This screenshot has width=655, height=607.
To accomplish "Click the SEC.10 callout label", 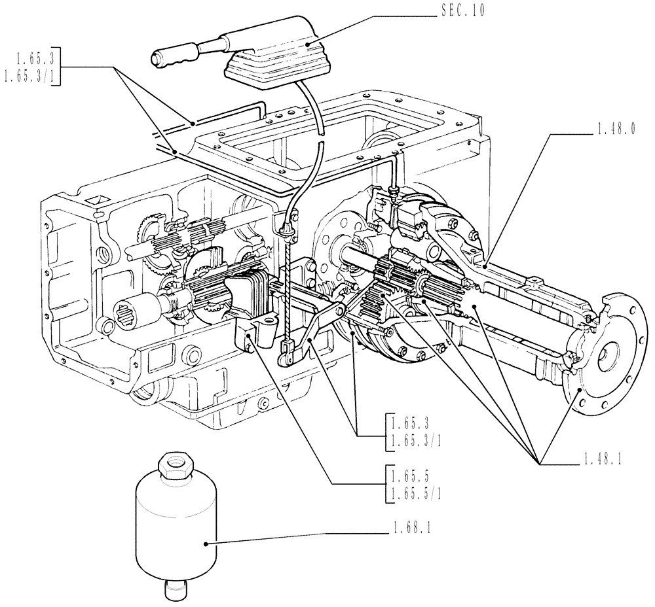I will [462, 12].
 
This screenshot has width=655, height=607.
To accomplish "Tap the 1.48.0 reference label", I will [616, 130].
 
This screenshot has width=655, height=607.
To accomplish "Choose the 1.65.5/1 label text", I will [415, 495].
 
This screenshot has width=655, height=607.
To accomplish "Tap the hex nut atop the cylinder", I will [175, 466].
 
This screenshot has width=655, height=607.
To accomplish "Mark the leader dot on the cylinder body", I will [206, 543].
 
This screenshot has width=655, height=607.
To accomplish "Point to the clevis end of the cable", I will [286, 354].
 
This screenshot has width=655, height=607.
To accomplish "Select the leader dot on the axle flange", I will [580, 389].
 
